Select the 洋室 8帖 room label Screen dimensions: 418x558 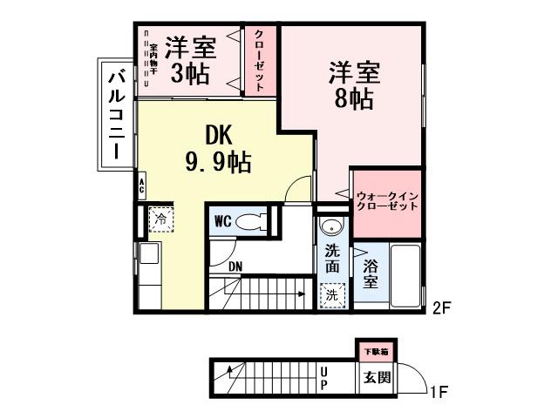coord(352,84)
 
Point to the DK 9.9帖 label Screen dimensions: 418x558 coord(218,148)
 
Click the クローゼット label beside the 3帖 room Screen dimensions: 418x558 coord(260,59)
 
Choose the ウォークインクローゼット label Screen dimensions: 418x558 coord(386,201)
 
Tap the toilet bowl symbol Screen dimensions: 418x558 coord(255,221)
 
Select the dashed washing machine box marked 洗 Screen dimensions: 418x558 coord(332,295)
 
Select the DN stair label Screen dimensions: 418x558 coord(235,267)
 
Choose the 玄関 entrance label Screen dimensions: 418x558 coord(378,379)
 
